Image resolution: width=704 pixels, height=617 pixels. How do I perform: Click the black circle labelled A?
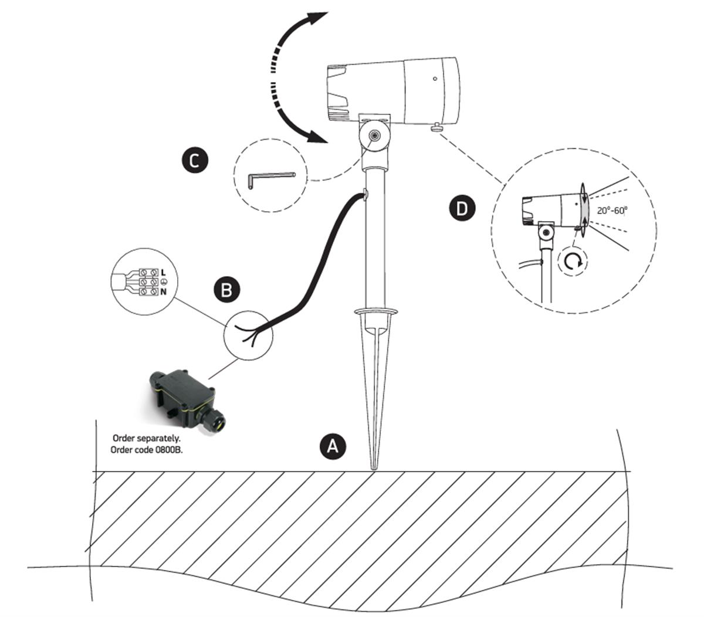click(332, 447)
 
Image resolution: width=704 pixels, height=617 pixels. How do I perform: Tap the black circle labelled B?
click(226, 290)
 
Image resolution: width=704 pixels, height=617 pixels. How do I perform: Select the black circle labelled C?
click(194, 160)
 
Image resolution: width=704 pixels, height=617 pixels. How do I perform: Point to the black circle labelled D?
click(462, 209)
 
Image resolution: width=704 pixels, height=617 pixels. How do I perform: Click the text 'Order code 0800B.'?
click(146, 450)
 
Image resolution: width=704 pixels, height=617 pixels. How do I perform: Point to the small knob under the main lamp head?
click(437, 127)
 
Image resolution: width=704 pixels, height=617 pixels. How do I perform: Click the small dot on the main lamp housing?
click(434, 79)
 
